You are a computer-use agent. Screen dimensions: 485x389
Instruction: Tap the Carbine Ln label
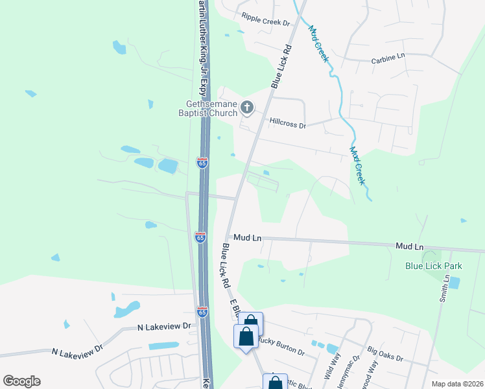click(x=388, y=57)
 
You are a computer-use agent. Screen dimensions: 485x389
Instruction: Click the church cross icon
click(x=246, y=108)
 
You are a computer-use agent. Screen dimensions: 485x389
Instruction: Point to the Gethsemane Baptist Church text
click(x=203, y=108)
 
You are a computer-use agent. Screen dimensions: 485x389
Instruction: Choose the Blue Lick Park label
click(x=433, y=266)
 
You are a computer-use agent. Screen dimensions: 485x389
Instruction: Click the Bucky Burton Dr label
click(x=281, y=346)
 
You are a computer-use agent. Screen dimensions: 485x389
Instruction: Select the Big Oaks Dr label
click(x=384, y=355)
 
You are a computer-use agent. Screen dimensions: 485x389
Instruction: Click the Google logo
click(x=21, y=381)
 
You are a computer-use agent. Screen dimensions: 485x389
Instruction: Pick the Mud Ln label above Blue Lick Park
click(x=409, y=247)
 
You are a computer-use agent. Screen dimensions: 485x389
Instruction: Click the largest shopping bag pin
click(x=246, y=337)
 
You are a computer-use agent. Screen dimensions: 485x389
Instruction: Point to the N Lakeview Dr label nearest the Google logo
click(x=77, y=349)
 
